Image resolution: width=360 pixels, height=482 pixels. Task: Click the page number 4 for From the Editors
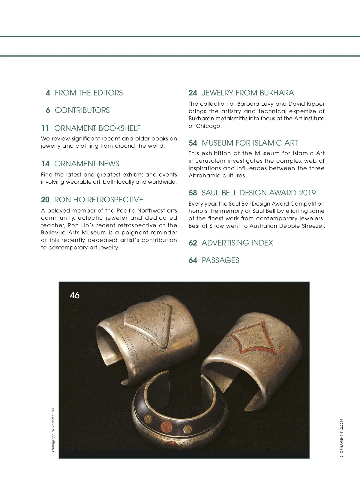pos(48,93)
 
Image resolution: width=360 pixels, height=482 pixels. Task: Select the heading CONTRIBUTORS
pos(82,110)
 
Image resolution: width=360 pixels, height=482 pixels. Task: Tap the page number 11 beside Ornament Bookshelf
pos(45,128)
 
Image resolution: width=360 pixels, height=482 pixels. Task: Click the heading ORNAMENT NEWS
pos(87,164)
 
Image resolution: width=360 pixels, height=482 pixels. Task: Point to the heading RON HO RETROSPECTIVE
pos(98,200)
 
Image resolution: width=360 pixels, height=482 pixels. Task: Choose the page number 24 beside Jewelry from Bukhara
pos(193,93)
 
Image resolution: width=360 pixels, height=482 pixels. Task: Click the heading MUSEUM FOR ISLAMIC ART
pos(250,143)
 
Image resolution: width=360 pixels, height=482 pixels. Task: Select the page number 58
pos(193,193)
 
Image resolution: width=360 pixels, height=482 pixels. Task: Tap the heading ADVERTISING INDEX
pos(237,243)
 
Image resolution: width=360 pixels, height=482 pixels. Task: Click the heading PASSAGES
pos(220,261)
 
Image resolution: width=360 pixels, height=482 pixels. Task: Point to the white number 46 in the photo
pos(74,296)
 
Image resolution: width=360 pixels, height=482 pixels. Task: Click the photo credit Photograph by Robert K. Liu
pos(53,429)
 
